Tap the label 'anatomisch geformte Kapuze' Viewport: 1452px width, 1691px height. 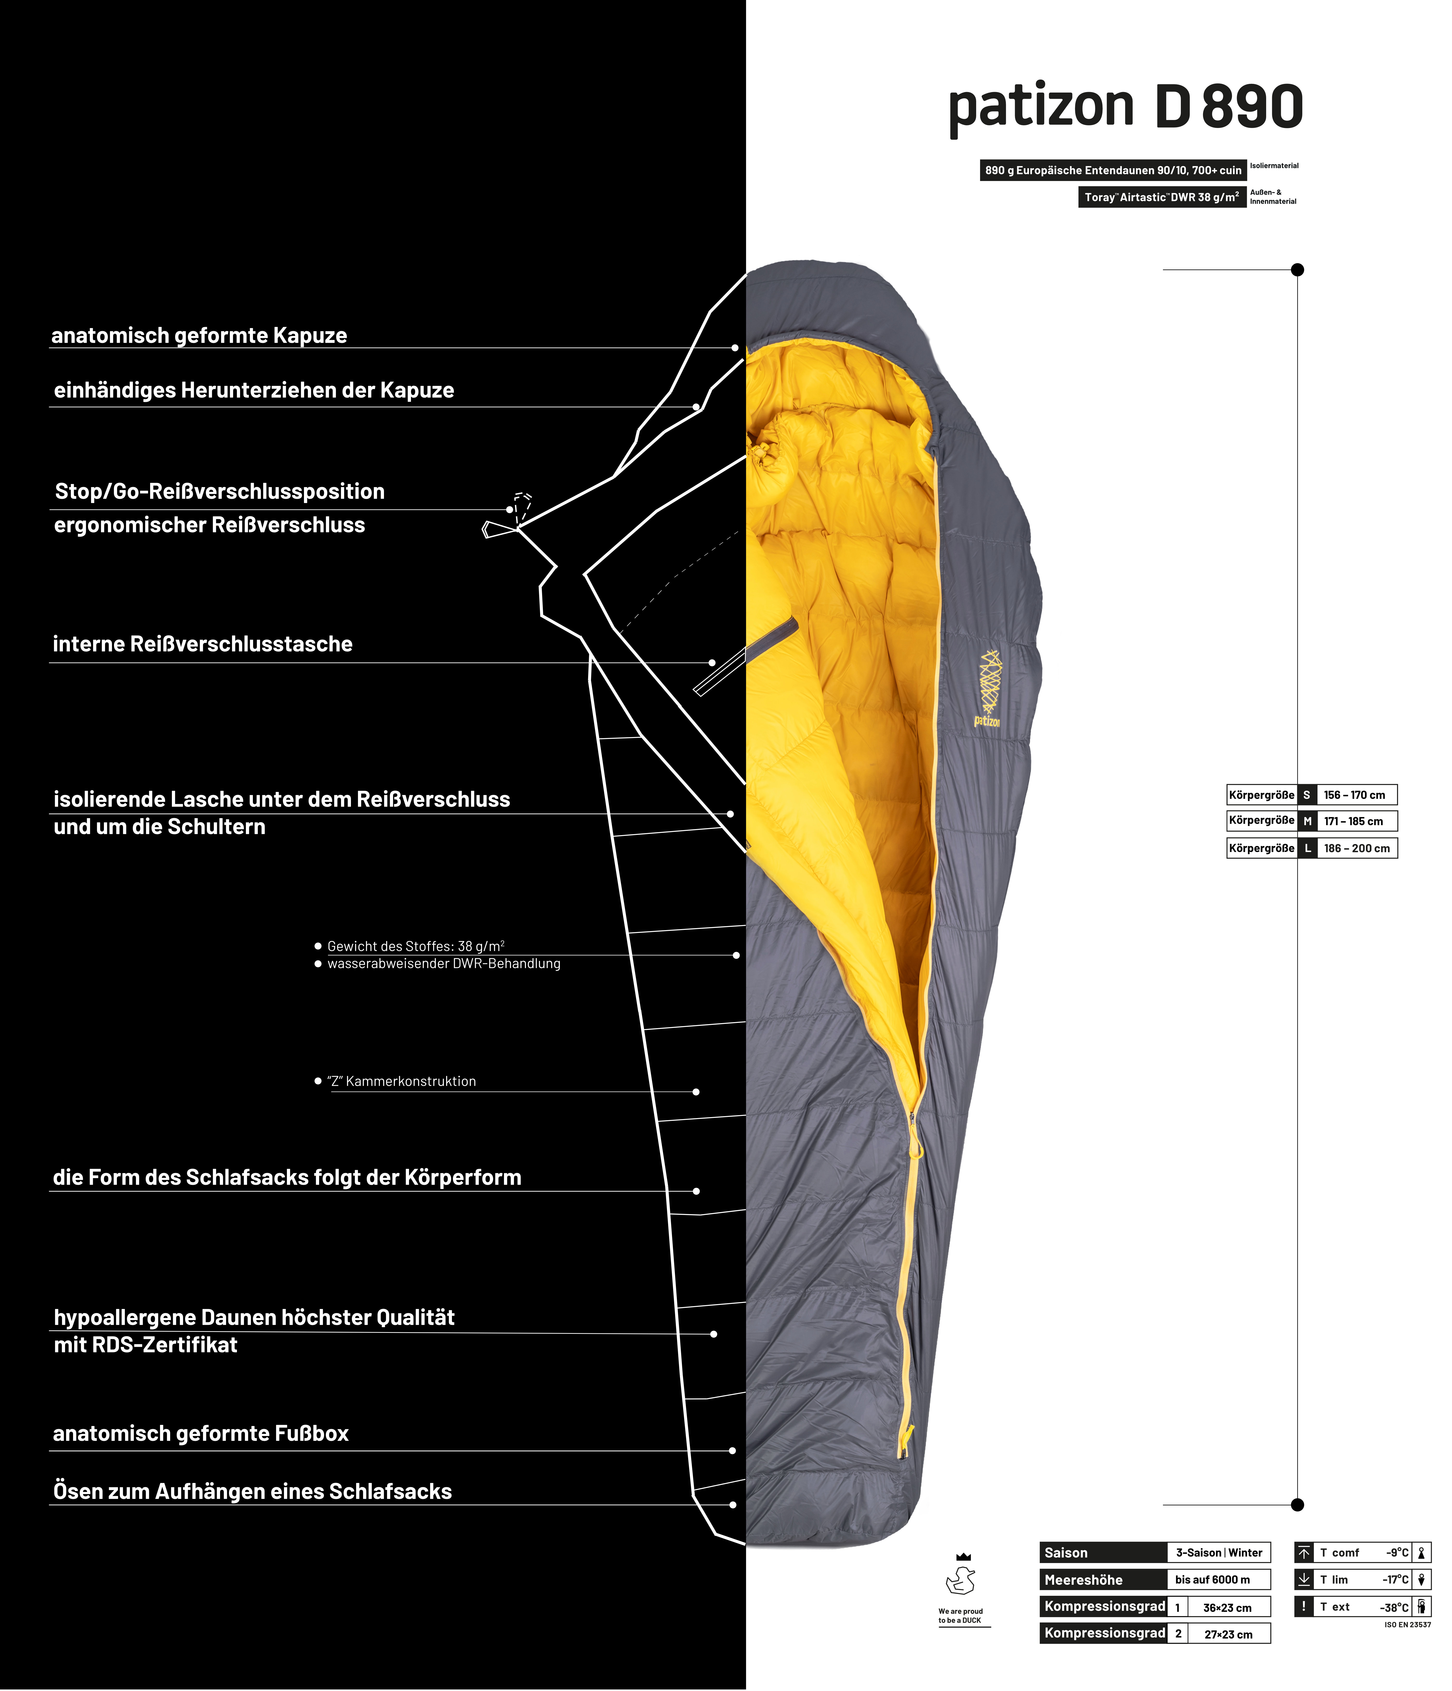pyautogui.click(x=199, y=336)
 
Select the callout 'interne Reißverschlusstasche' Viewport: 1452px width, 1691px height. pyautogui.click(x=202, y=644)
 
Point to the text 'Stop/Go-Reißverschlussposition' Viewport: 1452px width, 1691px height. pyautogui.click(x=220, y=491)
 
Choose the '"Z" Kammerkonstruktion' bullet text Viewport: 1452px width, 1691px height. pyautogui.click(x=402, y=1081)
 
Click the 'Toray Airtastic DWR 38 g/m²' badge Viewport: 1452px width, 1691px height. pyautogui.click(x=1162, y=197)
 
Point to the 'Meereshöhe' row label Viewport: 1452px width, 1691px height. pyautogui.click(x=1084, y=1580)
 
